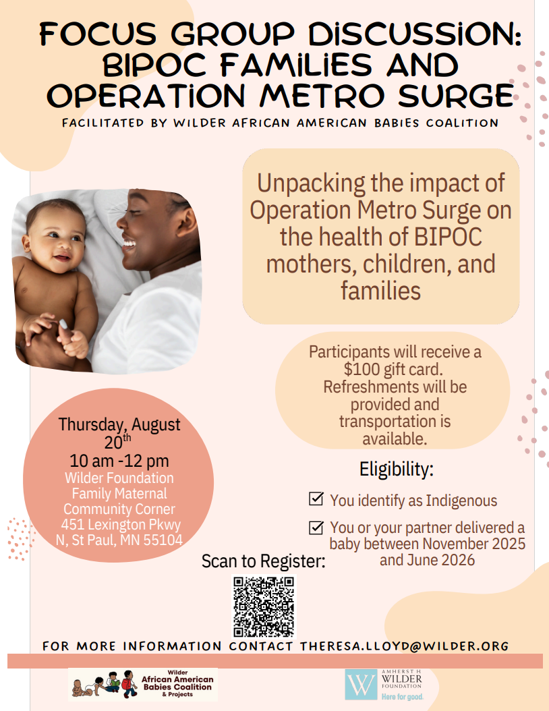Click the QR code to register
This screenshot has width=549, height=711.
pos(264,606)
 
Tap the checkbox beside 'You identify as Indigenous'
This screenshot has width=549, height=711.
pos(316,499)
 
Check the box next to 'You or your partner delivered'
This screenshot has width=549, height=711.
pos(316,528)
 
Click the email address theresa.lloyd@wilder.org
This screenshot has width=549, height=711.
pos(405,646)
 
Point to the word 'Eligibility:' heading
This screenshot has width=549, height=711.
pos(397,470)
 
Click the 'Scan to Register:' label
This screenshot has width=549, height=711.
pos(264,561)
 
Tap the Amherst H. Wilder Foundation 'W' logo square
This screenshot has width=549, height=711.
pos(361,685)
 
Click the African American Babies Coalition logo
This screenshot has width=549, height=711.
pos(143,684)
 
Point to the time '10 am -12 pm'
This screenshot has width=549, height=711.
pos(119,461)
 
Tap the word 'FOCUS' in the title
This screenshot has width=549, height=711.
pos(98,34)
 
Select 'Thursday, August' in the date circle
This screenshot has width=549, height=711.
pos(119,424)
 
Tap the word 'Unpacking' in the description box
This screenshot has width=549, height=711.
pos(311,183)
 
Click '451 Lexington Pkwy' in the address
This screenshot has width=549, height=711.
pos(121,525)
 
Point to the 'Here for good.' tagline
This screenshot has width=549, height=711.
pos(402,696)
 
